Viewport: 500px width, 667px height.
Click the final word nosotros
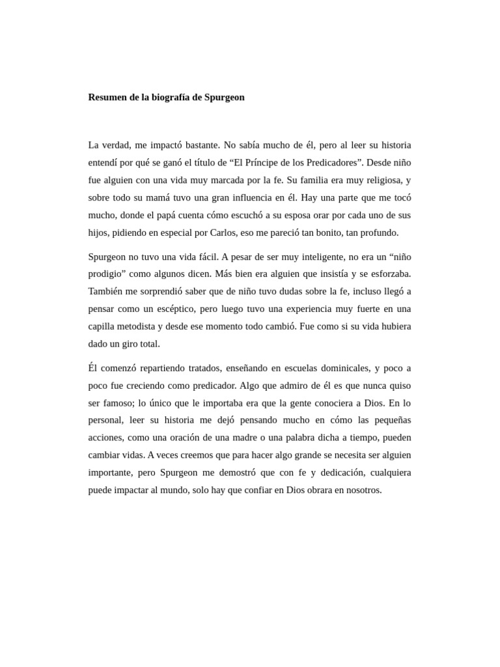point(362,490)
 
